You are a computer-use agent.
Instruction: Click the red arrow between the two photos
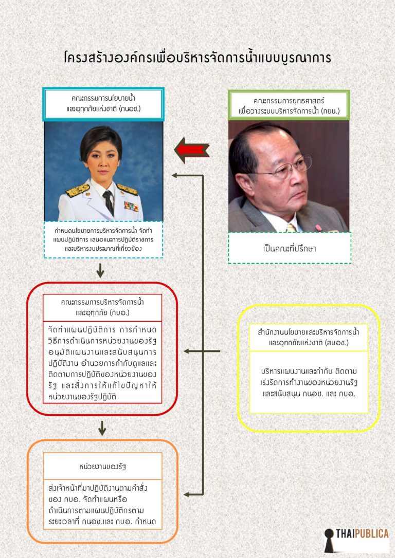point(192,150)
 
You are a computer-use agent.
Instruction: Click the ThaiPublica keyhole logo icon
point(329,540)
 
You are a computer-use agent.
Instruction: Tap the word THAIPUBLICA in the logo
point(362,533)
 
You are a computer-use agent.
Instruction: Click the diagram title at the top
point(197,58)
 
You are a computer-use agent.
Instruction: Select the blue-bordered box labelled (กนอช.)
point(103,104)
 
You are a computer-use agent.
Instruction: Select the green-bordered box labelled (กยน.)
point(289,106)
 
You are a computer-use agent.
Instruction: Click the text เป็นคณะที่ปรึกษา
point(289,248)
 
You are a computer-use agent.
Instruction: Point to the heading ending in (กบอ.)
point(102,307)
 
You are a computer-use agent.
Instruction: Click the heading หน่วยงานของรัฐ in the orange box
point(102,466)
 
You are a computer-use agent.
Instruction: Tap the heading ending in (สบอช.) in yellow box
point(309,338)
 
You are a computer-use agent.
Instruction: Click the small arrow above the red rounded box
point(100,270)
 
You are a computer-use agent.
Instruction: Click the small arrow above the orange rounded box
point(102,428)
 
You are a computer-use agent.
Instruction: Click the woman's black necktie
point(109,202)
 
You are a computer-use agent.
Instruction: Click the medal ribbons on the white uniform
point(131,207)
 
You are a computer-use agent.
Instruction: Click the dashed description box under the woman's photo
point(103,239)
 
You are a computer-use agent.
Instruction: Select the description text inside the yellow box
point(309,383)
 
